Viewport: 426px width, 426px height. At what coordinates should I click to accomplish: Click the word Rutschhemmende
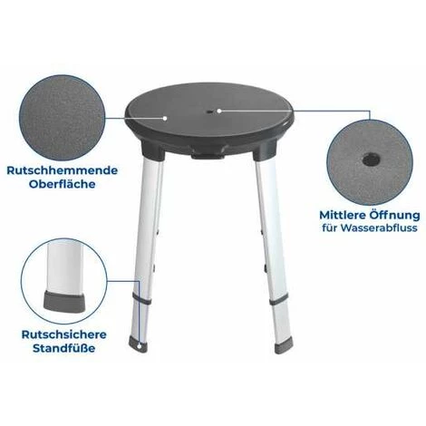63,170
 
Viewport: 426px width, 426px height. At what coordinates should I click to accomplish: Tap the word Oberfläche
63,184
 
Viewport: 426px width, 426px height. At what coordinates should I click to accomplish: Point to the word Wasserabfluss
379,228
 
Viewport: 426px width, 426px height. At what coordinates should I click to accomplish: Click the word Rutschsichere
64,334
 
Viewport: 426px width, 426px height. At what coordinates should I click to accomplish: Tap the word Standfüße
64,348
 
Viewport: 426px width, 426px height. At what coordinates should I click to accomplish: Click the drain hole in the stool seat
209,112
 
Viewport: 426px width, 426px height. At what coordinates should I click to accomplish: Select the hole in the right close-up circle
370,159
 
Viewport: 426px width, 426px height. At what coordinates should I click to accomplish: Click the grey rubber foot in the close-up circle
64,300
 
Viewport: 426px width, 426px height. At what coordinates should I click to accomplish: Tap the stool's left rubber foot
139,344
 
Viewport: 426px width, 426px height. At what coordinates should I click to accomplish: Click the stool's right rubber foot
284,346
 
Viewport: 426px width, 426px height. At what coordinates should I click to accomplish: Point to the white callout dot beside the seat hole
219,111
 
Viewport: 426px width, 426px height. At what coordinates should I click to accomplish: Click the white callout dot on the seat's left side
165,118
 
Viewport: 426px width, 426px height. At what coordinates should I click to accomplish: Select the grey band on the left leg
141,301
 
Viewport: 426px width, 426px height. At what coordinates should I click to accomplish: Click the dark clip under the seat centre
208,156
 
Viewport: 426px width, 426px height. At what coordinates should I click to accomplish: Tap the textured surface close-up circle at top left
62,118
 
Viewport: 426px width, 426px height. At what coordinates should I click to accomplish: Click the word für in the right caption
329,228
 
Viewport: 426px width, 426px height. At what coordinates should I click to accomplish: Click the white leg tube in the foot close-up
64,266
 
